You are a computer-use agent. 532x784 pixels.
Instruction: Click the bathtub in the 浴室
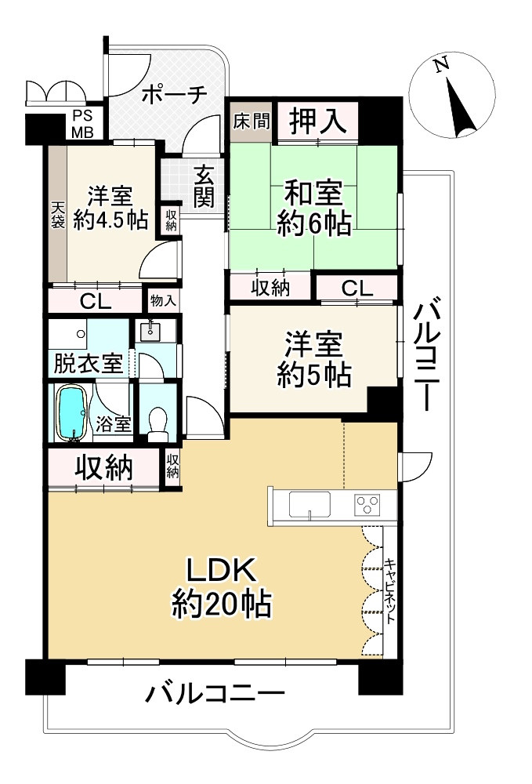[x=71, y=412]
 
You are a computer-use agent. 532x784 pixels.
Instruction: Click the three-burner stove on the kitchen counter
[x=366, y=504]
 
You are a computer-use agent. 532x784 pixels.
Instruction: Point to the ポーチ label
[x=173, y=94]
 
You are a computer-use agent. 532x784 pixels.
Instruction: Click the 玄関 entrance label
[x=204, y=186]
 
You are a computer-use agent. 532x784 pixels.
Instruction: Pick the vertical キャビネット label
[x=389, y=590]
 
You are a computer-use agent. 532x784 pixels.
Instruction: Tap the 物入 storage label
[x=162, y=300]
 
